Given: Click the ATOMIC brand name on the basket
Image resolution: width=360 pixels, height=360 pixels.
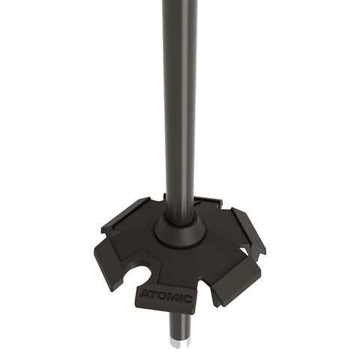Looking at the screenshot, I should click(165, 298).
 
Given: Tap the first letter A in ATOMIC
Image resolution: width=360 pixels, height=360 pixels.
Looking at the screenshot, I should click(144, 295).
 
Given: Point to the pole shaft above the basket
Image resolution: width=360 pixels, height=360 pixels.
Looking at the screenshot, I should click(179, 112).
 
